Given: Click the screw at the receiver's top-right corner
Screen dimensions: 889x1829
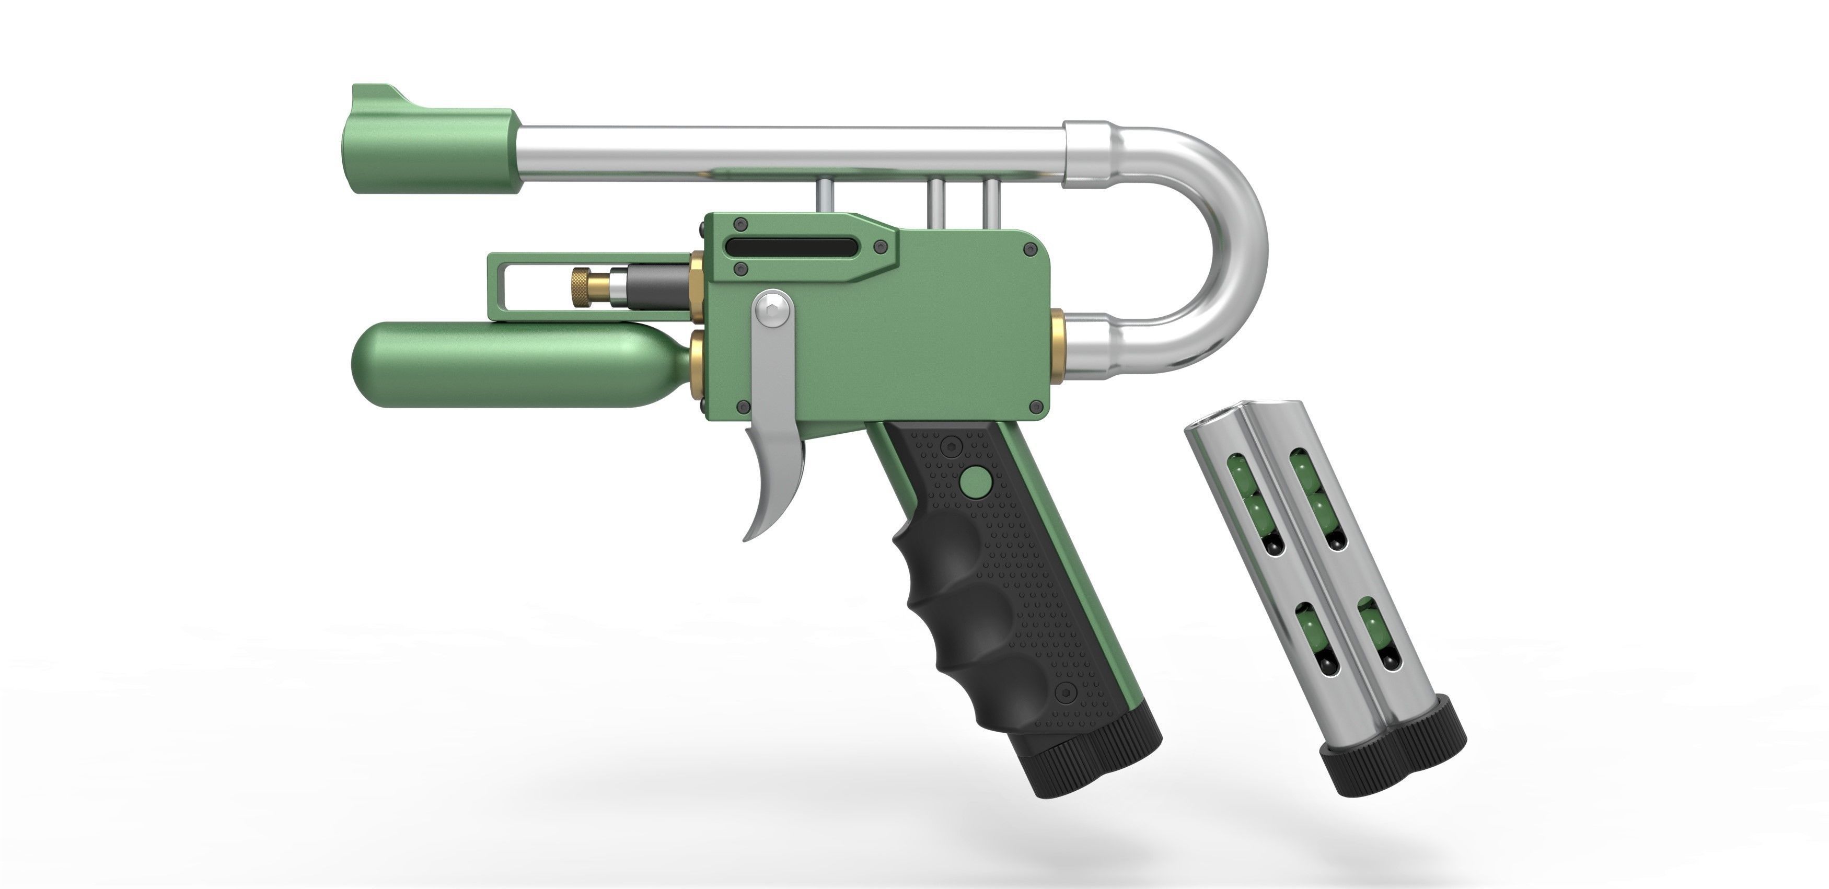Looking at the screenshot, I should pyautogui.click(x=1029, y=249).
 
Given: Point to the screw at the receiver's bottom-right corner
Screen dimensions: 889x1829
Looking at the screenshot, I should pyautogui.click(x=1036, y=406).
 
